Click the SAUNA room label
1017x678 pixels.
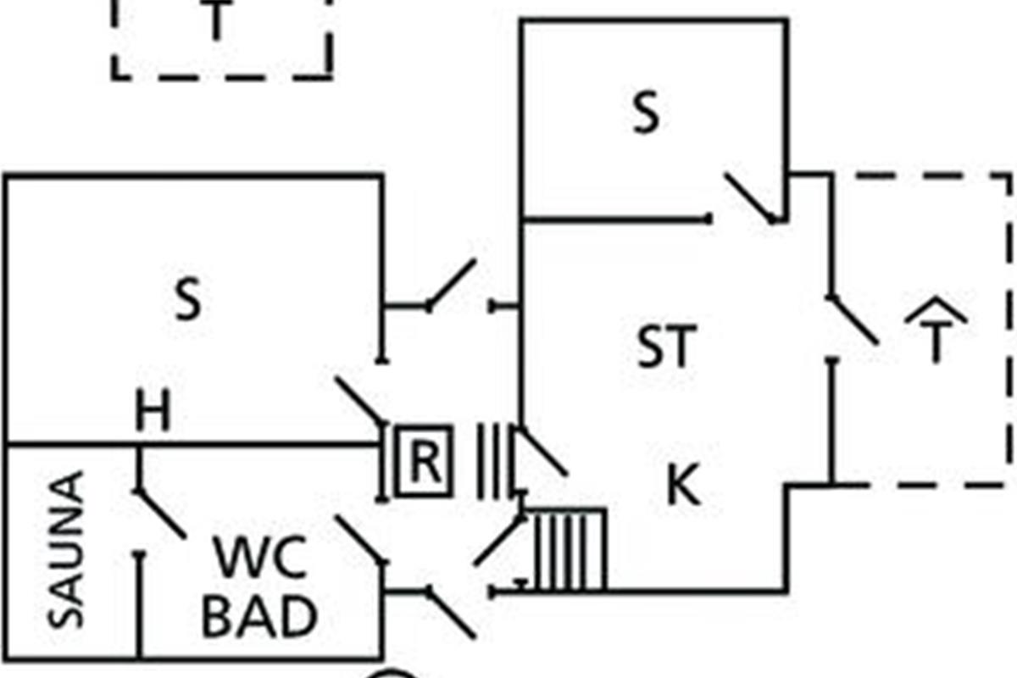66,550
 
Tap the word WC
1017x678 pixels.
260,557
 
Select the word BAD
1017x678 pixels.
259,617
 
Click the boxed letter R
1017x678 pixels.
424,461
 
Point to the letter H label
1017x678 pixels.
153,410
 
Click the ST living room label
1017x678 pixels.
666,346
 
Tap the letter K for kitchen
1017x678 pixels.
684,485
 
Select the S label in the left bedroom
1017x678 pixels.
188,299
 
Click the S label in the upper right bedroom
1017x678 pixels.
646,112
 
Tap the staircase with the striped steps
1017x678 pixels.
570,550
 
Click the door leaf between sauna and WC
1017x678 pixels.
161,514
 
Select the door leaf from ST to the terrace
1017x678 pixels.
853,320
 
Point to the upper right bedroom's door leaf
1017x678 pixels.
750,197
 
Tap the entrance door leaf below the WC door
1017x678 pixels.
451,613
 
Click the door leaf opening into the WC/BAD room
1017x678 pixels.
361,540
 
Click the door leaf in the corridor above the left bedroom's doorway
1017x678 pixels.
451,284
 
